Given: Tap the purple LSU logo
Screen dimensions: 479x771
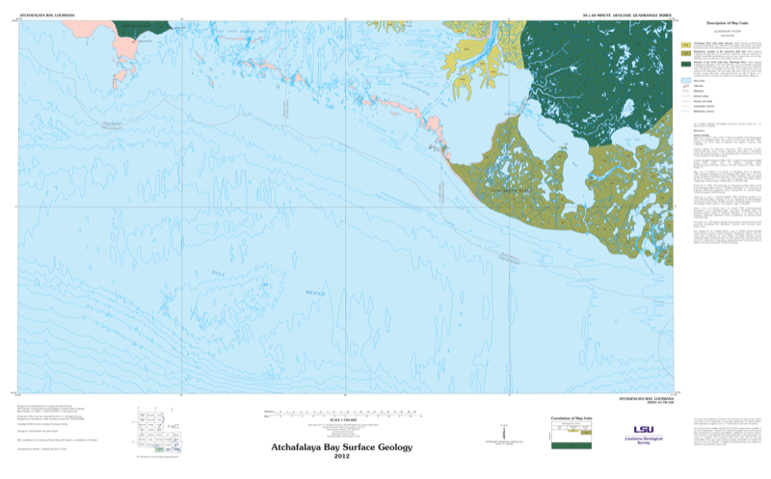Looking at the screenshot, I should pyautogui.click(x=643, y=430).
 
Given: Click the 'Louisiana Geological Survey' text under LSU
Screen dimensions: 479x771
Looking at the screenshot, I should pyautogui.click(x=643, y=441).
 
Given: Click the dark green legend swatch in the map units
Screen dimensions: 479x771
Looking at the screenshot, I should pyautogui.click(x=686, y=64).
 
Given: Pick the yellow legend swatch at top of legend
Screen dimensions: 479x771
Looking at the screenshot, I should pyautogui.click(x=686, y=44).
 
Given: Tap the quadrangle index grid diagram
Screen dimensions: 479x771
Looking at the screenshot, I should pyautogui.click(x=157, y=430).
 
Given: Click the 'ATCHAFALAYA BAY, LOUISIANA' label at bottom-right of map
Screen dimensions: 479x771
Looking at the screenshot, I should pyautogui.click(x=644, y=398).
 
